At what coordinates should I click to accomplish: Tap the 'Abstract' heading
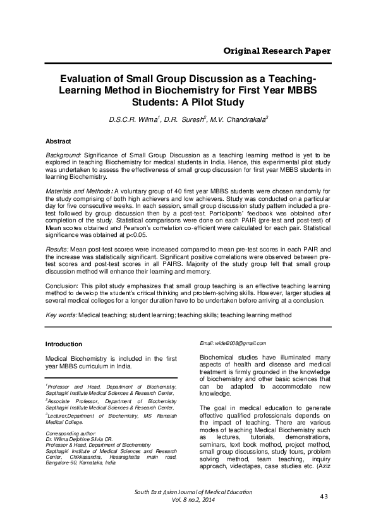tap(59, 141)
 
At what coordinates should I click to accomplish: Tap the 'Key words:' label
tap(61, 314)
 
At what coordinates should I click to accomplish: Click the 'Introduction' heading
tap(64, 344)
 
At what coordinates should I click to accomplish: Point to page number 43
tap(325, 515)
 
